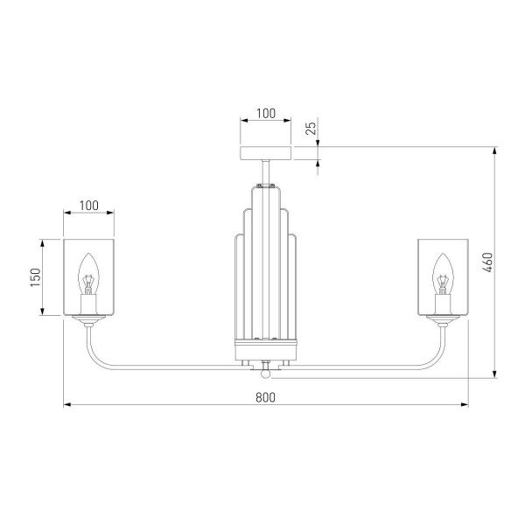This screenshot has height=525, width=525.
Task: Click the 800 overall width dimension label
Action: point(265,397)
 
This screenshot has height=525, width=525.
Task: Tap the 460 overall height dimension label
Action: point(488,262)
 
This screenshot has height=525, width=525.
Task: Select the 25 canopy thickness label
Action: point(311,129)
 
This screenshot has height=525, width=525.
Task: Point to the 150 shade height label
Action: point(36,277)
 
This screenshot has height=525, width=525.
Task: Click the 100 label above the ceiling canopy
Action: point(266,114)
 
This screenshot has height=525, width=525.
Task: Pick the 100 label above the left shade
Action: point(88,206)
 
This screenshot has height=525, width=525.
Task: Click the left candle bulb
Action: point(88,274)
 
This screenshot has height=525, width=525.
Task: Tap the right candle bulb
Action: point(443,274)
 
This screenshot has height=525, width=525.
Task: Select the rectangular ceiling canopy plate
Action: point(265,153)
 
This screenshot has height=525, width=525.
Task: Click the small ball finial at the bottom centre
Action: point(265,374)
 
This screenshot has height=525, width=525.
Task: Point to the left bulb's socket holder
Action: point(88,304)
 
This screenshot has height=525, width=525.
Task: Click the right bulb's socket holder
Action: point(443,304)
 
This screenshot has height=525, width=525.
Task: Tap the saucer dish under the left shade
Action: point(88,319)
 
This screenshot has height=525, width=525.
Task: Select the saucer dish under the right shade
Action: point(443,319)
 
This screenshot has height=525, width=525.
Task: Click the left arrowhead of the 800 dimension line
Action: point(67,404)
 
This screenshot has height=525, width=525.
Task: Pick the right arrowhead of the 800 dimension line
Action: point(465,404)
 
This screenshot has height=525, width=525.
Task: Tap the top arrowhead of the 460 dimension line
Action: point(495,150)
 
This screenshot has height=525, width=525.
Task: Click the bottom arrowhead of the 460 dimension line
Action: point(495,374)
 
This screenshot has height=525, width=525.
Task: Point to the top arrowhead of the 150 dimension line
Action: point(42,243)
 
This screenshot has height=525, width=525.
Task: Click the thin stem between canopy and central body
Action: point(265,172)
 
